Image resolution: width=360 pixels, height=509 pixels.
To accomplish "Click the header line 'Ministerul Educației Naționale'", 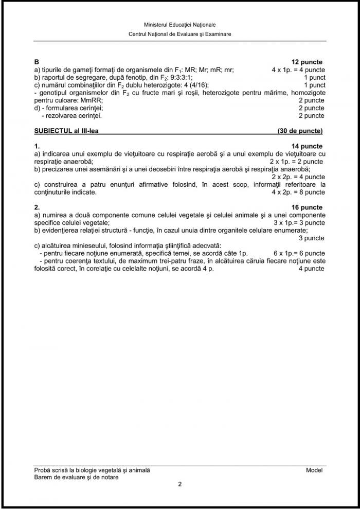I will tap(180, 24).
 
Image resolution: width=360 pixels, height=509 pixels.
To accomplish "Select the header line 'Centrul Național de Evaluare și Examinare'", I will tap(180, 33).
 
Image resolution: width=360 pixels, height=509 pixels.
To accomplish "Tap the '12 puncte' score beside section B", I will tap(307, 62).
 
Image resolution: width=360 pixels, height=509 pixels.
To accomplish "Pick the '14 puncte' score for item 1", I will tap(307, 146).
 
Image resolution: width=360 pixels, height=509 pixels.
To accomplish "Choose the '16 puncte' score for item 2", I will tap(307, 207).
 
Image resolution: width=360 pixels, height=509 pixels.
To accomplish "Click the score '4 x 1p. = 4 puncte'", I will tap(298, 69).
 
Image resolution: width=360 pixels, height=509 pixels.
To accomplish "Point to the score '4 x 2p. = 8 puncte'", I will tap(298, 192).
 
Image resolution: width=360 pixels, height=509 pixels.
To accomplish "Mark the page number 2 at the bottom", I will tap(179, 484).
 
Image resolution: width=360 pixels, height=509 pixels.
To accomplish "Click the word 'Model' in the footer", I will tap(315, 470).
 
